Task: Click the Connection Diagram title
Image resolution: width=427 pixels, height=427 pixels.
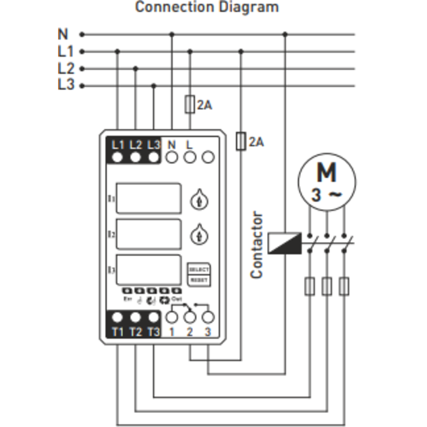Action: pos(207,8)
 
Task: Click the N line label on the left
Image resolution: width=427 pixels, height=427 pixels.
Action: pos(63,34)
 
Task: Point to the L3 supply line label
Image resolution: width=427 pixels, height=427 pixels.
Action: pos(66,85)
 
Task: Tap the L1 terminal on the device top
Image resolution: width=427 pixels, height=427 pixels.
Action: pos(117,156)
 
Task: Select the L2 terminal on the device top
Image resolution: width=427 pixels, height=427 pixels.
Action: pos(135,156)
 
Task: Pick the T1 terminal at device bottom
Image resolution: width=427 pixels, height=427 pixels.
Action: pos(117,317)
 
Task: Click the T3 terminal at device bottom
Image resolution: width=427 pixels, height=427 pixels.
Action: pos(153,317)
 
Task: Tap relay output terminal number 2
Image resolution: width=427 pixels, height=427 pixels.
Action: pos(189,317)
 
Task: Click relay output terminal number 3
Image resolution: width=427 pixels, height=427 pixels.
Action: pos(207,317)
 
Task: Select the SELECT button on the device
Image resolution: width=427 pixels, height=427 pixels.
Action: pos(198,270)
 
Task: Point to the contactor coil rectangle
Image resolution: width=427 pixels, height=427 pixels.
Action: pos(284,242)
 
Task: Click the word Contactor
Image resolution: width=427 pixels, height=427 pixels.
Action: pos(257,245)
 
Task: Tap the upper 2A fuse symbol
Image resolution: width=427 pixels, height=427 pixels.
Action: pos(189,104)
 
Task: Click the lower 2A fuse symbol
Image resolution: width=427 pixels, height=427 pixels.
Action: pos(241,141)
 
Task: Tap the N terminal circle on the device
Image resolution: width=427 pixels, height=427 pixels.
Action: pos(171,156)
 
